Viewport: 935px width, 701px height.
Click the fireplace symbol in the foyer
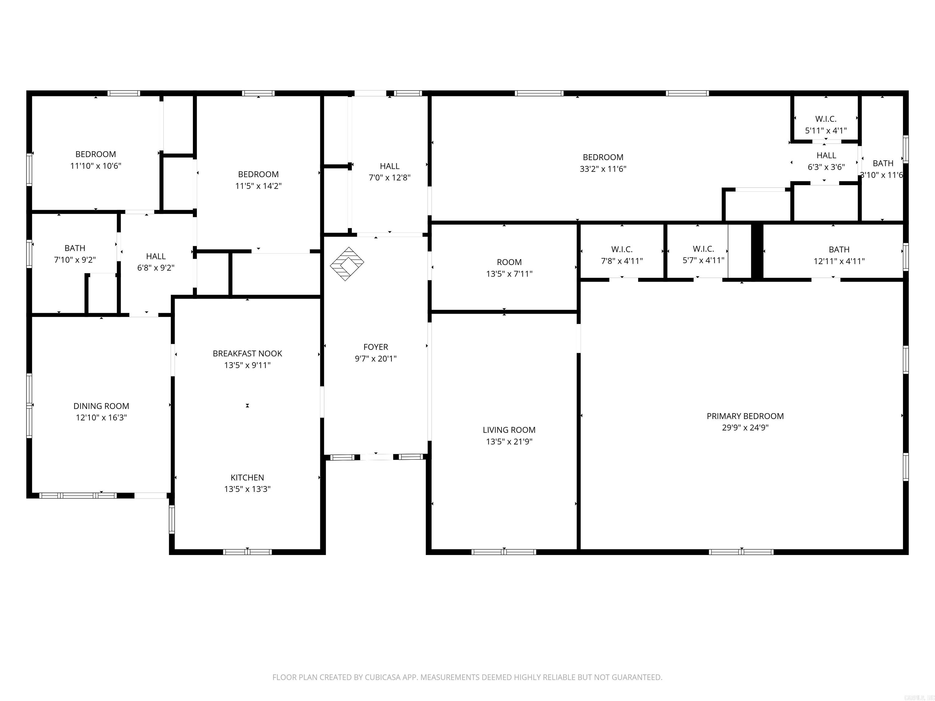[347, 264]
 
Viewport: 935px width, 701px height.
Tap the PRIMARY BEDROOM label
[745, 416]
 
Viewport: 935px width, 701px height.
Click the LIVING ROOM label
[509, 430]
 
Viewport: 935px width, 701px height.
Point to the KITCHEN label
[247, 477]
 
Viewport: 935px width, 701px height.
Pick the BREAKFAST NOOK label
[247, 354]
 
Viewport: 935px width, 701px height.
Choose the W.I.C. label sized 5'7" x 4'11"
[703, 249]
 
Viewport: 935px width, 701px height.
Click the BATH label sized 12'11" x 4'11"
[839, 250]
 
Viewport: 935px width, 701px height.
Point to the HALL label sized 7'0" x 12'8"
[389, 166]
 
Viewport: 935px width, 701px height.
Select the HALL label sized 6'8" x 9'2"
[156, 256]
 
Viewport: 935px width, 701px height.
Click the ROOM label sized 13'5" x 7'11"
[509, 262]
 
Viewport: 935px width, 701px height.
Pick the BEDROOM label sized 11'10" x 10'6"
[96, 155]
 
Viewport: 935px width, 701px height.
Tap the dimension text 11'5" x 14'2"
[258, 186]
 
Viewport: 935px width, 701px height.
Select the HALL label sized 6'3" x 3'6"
[826, 155]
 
